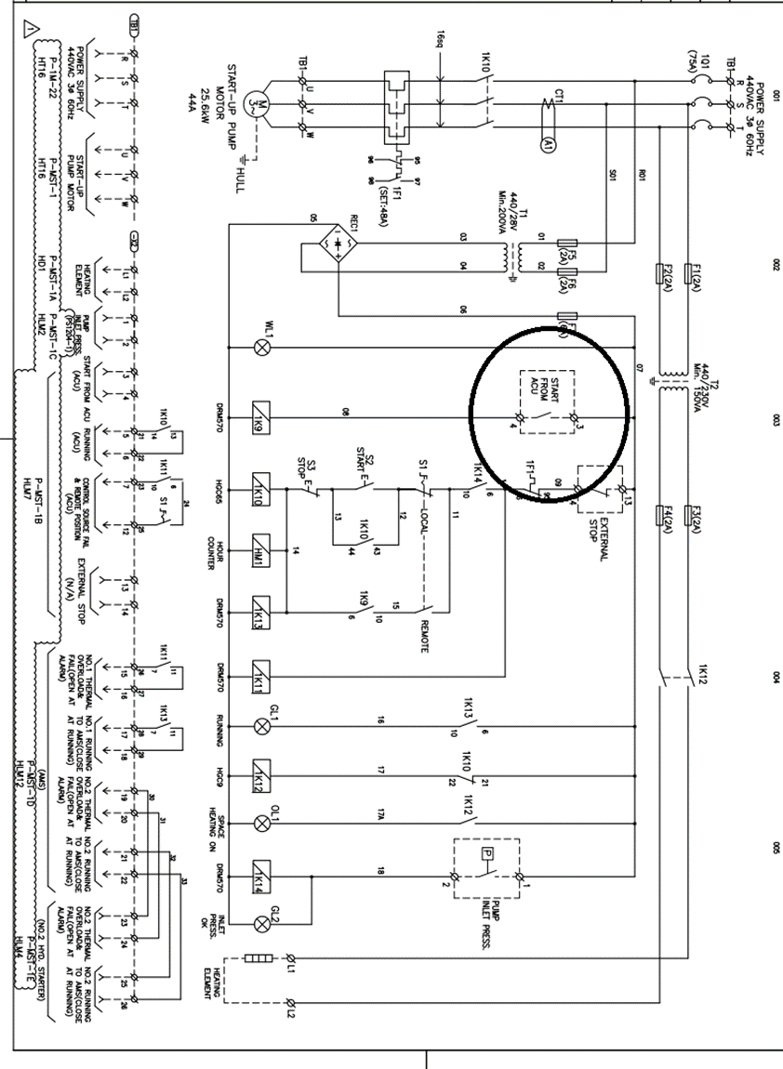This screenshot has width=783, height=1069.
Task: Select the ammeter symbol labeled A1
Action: [548, 143]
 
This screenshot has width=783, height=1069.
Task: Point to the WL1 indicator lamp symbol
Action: [261, 347]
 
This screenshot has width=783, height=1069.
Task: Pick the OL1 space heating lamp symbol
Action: [261, 823]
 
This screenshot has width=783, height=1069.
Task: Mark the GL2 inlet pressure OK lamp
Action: [261, 923]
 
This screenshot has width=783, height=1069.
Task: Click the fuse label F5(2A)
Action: [568, 252]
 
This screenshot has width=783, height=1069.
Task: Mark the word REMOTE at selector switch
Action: [425, 636]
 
